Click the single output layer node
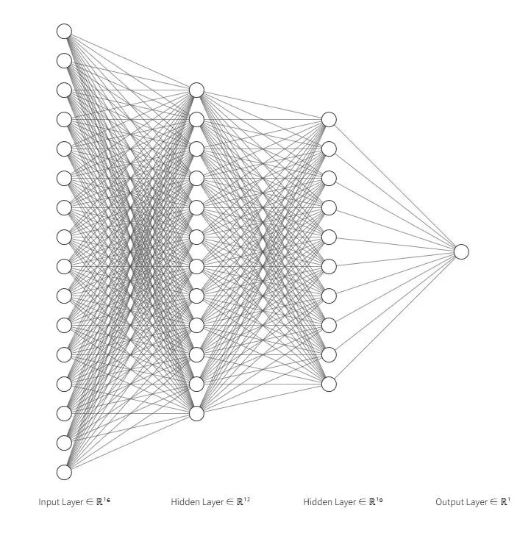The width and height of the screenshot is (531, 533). coord(461,252)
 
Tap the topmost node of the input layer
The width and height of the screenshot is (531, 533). coord(64,32)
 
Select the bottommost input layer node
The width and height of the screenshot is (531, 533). coord(64,473)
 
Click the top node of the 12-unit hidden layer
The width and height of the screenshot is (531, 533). coord(196,90)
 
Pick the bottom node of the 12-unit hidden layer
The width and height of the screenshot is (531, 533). coord(196,414)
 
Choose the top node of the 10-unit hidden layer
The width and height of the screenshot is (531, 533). coord(329,120)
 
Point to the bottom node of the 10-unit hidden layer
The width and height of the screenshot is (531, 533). coord(329,384)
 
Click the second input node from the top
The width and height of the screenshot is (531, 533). coord(64,61)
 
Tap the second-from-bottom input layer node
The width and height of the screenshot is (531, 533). coord(64,443)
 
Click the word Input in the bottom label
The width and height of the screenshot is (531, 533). coord(48,502)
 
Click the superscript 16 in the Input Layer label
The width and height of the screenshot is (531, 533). coord(107,500)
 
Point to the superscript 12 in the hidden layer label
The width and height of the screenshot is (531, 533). coord(247,500)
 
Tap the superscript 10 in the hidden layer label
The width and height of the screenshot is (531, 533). coord(379,500)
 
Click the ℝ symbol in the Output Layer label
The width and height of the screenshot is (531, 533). coord(504,502)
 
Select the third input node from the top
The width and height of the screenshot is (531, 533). coord(64,90)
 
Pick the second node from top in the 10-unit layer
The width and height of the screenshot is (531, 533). coord(329,149)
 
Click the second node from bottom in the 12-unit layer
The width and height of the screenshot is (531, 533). coord(196,384)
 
